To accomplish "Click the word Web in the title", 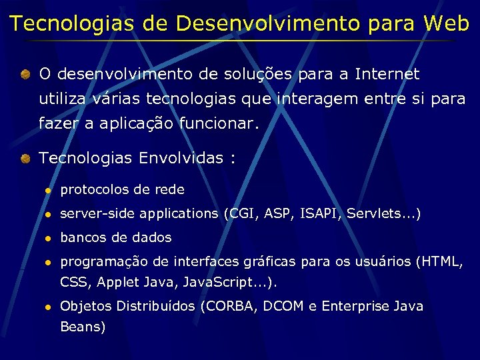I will click(x=446, y=23).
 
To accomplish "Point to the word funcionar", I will click(x=219, y=124).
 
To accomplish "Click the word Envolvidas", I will click(x=181, y=158).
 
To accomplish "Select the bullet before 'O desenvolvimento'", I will click(x=24, y=74).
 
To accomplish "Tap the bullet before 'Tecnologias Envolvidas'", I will click(x=24, y=159).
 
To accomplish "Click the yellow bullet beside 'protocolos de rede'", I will click(x=48, y=190).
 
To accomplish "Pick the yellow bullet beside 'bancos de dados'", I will click(x=48, y=238).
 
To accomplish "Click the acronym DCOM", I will click(x=285, y=306).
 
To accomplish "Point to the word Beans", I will click(x=83, y=327).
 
